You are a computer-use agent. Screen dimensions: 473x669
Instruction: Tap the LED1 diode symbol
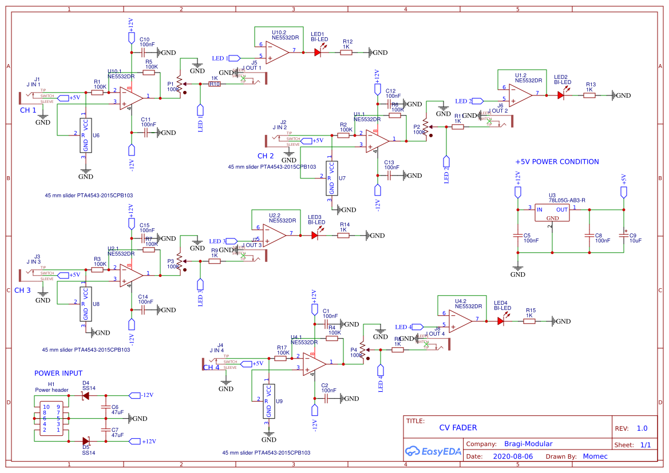[x=318, y=52]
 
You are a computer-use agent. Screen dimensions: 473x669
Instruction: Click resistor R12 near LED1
[x=346, y=52]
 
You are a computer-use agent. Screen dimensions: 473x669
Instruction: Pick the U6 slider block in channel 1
[x=85, y=136]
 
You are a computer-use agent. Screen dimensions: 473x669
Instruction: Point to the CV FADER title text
[x=458, y=427]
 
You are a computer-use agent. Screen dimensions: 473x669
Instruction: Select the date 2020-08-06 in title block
[x=512, y=456]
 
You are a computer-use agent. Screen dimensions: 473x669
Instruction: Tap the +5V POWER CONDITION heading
[x=557, y=162]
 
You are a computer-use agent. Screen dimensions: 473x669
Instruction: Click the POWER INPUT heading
[x=58, y=373]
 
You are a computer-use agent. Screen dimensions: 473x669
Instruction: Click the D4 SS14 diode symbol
[x=86, y=395]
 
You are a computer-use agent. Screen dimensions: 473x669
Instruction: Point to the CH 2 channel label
[x=266, y=156]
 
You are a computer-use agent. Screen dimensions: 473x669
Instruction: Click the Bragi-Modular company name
[x=528, y=444]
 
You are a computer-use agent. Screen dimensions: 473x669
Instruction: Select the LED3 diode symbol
[x=315, y=234]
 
